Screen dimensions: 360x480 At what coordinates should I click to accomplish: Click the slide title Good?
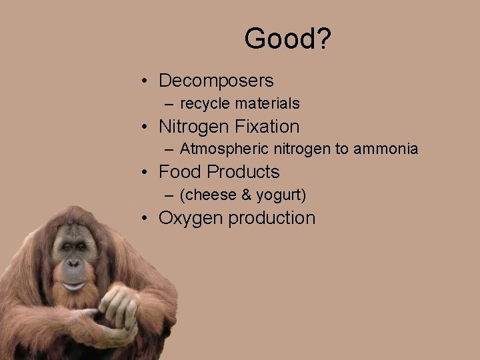pos(287,39)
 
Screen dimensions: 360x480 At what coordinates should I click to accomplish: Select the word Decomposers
pos(216,81)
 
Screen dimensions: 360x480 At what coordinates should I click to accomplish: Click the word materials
pos(266,104)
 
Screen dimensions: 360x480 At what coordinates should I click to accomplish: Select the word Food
pos(180,172)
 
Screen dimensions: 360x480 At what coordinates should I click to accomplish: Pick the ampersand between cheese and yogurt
pos(247,195)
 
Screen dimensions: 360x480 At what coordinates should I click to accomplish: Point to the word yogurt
pos(280,195)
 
